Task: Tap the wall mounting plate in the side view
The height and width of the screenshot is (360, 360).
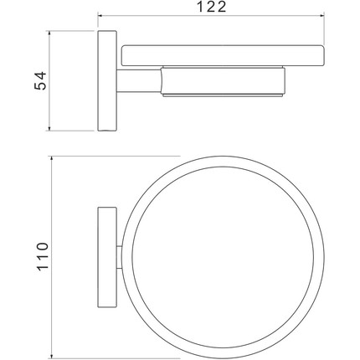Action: [x=105, y=81]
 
